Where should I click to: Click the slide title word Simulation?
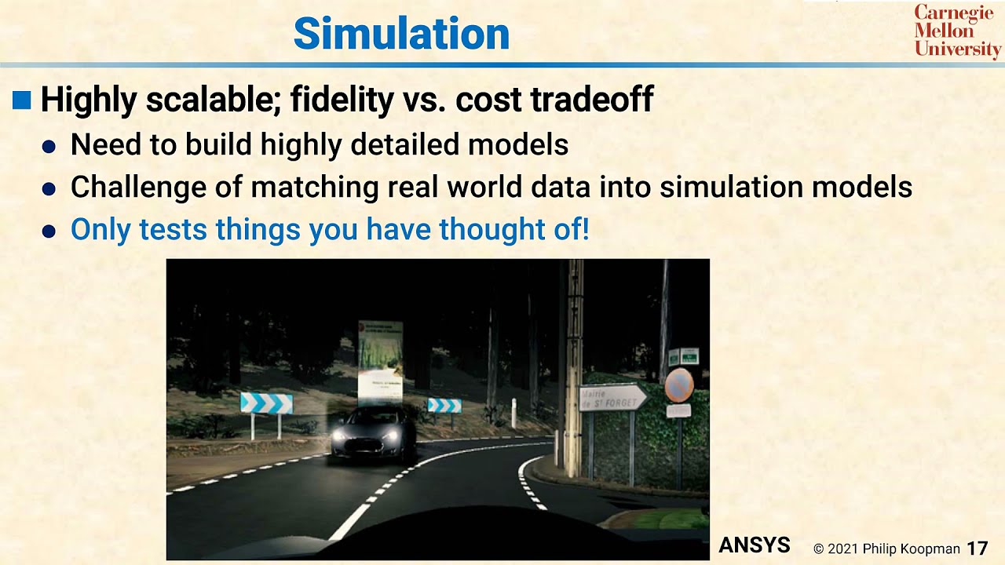[401, 35]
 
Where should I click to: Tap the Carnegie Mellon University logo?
[957, 31]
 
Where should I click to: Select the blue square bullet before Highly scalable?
[22, 100]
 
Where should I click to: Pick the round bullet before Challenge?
[49, 189]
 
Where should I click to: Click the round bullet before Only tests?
[49, 231]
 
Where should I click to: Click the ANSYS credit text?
[754, 545]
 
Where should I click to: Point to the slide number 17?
[977, 548]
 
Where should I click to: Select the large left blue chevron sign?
[266, 403]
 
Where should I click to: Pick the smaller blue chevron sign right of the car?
[444, 405]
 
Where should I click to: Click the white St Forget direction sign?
[612, 398]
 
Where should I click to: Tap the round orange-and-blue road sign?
[679, 386]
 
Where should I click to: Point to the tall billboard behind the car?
[380, 362]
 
